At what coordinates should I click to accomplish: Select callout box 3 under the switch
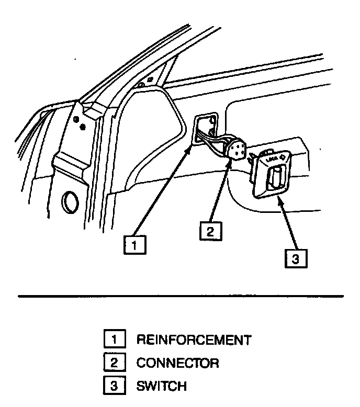[296, 259]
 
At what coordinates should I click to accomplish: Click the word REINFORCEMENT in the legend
[194, 340]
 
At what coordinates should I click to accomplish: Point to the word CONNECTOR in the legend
[177, 363]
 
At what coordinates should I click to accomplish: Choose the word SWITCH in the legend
[161, 386]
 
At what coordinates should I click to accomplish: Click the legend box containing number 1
[115, 340]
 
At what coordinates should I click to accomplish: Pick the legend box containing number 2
[115, 363]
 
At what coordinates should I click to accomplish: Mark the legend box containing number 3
[115, 386]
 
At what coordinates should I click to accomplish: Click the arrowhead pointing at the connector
[229, 163]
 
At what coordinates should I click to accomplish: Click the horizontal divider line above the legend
[180, 296]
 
